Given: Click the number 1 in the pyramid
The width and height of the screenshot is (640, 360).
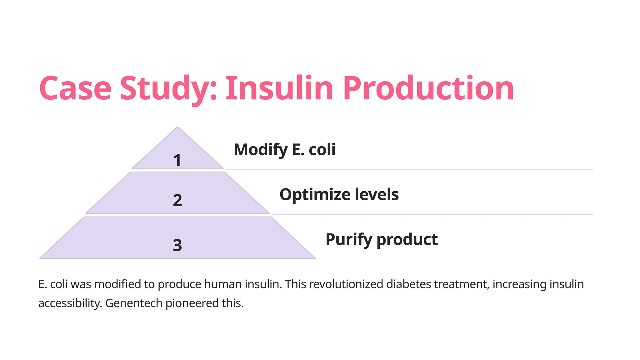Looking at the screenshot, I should pyautogui.click(x=177, y=160).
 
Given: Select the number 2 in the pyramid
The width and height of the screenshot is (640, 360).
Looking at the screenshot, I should pyautogui.click(x=177, y=200).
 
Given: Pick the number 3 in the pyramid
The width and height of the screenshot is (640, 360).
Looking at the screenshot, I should pyautogui.click(x=177, y=245).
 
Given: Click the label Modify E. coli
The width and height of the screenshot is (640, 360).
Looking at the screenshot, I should pyautogui.click(x=284, y=150).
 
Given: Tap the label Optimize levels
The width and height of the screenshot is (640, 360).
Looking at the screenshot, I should pyautogui.click(x=339, y=195).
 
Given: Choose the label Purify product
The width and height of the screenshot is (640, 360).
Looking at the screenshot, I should pyautogui.click(x=382, y=240).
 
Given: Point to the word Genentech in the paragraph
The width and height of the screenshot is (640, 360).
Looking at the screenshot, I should pyautogui.click(x=134, y=303).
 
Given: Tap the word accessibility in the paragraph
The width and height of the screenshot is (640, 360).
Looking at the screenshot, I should pyautogui.click(x=70, y=303).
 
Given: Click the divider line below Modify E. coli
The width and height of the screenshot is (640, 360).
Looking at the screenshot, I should pyautogui.click(x=409, y=170).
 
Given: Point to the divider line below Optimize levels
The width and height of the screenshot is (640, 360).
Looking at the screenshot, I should pyautogui.click(x=432, y=215).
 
